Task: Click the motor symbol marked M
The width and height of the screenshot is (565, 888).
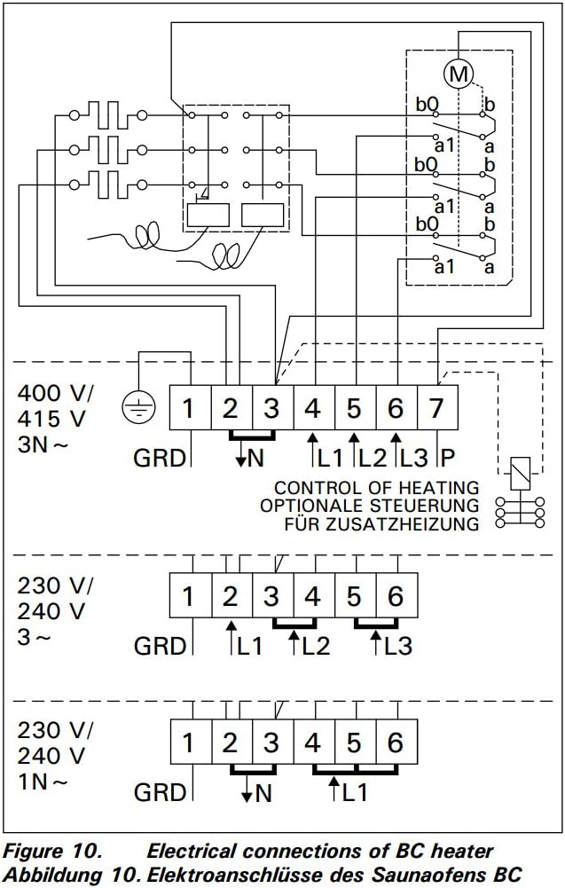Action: [x=459, y=75]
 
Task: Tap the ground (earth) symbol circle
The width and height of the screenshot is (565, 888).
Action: [x=138, y=408]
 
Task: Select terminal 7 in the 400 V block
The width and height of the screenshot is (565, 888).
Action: [x=436, y=409]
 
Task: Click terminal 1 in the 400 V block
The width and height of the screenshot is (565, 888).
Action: [x=188, y=409]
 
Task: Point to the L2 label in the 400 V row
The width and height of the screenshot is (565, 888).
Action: [x=372, y=458]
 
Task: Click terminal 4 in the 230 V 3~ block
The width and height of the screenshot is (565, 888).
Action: [x=312, y=596]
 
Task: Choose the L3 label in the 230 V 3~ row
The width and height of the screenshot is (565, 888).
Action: [x=398, y=646]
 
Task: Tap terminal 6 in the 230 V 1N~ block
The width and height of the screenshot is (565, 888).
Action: [x=396, y=743]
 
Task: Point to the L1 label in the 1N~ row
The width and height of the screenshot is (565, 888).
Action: [x=353, y=792]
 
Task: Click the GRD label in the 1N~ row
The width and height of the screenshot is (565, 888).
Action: [x=160, y=792]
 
